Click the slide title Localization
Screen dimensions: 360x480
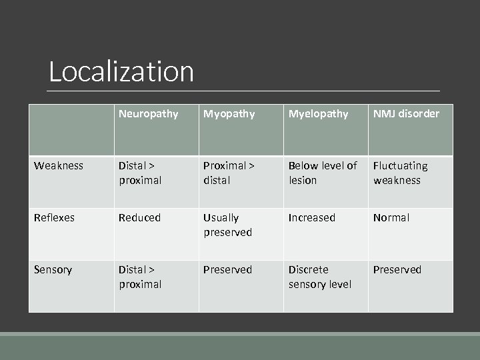121,72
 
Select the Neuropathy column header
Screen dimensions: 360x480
149,114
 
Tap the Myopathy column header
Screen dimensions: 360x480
229,114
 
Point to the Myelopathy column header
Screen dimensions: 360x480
318,114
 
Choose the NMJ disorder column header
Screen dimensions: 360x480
406,114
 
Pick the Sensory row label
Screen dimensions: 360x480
54,270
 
